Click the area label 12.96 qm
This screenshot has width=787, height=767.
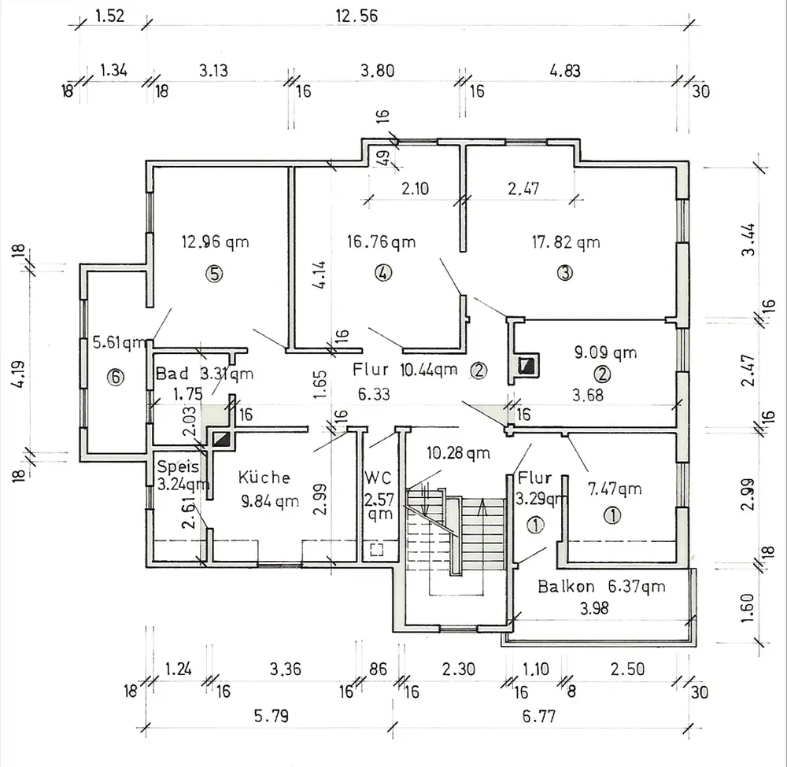[x=215, y=242]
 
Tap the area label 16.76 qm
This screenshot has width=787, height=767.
[x=382, y=241]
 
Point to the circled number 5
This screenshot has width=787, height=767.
[x=214, y=274]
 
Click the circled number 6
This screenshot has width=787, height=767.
[x=116, y=378]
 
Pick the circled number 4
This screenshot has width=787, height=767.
[x=382, y=274]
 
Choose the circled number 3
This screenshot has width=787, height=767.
[x=564, y=274]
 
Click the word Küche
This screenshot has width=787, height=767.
[x=264, y=477]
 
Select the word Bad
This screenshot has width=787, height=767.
[x=172, y=373]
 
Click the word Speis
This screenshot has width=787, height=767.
[x=177, y=466]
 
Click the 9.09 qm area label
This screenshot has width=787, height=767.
[x=605, y=352]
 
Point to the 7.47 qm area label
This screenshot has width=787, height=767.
[x=615, y=489]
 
